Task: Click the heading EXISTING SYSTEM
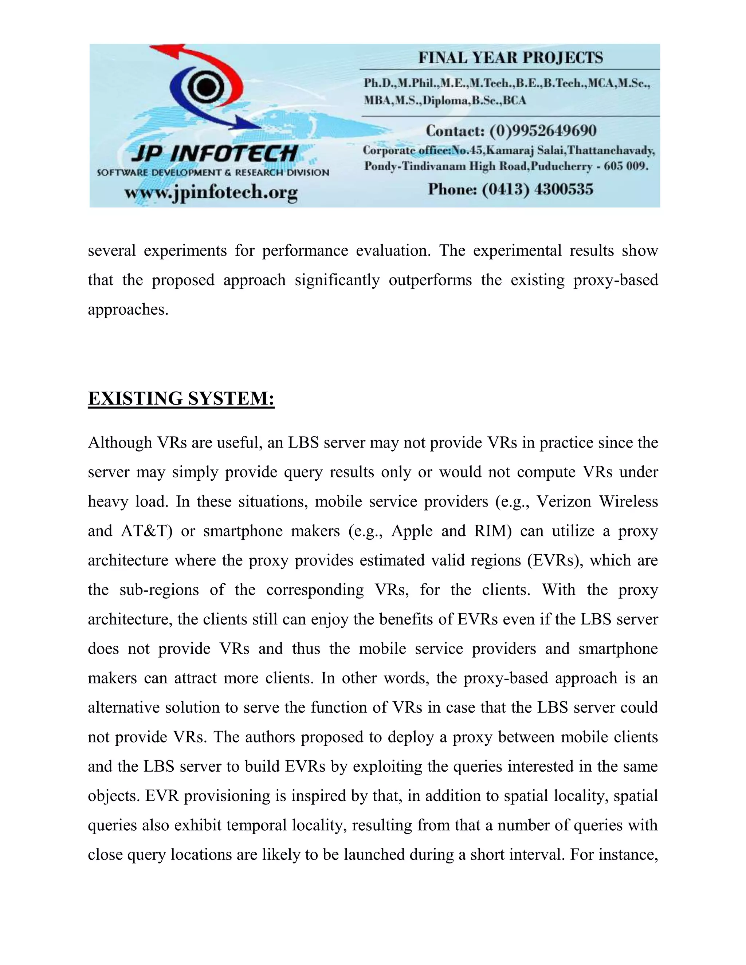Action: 181,398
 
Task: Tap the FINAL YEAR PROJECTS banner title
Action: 510,58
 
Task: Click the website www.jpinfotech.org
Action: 211,193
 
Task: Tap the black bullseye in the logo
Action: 204,87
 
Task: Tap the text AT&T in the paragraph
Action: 146,531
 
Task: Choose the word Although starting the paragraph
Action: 120,442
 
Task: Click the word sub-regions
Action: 159,590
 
